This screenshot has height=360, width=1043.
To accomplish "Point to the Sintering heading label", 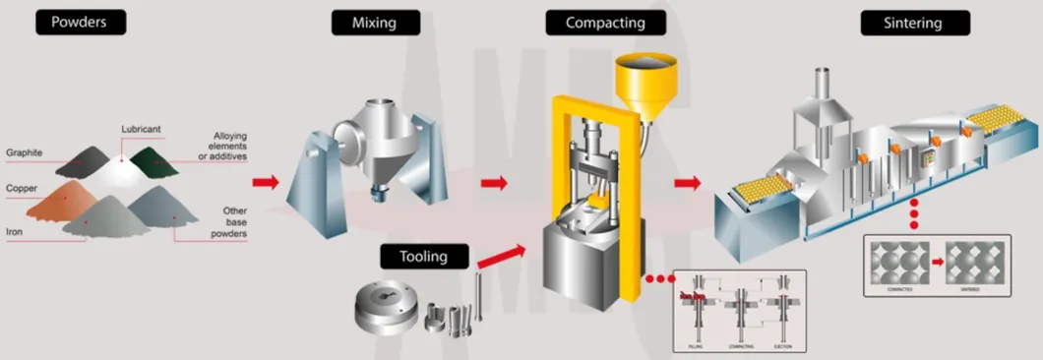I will tap(915, 22).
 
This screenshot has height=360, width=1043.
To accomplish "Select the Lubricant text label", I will tap(142, 129).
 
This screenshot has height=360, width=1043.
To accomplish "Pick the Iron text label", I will tap(16, 233).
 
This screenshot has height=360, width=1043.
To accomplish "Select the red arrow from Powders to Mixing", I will tap(265, 182).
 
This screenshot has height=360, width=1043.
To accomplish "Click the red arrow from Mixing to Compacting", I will tap(494, 182).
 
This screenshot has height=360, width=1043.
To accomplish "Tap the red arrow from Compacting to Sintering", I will tap(687, 182).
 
